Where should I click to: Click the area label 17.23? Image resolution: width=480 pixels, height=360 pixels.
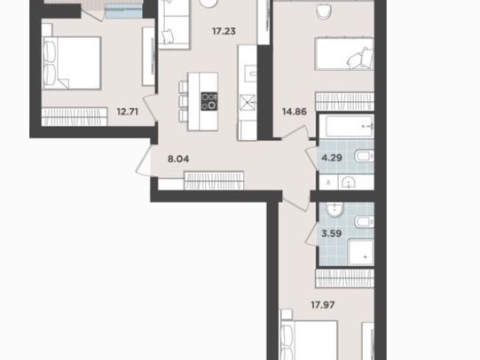(224, 31)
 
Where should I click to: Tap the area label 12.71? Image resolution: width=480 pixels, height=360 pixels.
(128, 112)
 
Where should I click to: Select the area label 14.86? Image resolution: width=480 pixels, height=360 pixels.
(295, 112)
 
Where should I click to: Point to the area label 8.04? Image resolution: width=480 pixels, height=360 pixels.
(178, 159)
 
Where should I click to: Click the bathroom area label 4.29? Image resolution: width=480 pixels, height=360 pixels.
(332, 158)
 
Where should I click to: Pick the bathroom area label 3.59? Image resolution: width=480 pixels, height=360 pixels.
(332, 233)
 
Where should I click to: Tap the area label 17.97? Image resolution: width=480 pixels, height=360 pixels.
(323, 305)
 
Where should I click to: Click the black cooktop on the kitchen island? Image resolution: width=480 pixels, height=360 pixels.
(209, 101)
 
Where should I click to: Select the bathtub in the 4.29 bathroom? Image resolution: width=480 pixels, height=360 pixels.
(350, 126)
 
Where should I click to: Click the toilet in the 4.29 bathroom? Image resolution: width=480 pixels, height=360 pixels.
(365, 157)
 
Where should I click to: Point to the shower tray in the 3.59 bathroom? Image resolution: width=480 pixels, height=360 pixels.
(361, 253)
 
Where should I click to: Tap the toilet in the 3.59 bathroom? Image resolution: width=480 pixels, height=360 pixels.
(365, 222)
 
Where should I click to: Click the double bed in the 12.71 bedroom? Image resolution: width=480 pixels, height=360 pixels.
(71, 63)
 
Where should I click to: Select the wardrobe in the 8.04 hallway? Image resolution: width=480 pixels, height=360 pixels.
(214, 181)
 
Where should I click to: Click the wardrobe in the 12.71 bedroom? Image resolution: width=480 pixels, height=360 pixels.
(75, 116)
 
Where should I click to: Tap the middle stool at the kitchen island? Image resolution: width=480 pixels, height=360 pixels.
(184, 101)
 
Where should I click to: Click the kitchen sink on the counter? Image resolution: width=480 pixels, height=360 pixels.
(253, 73)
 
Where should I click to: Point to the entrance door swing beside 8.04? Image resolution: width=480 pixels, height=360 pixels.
(144, 160)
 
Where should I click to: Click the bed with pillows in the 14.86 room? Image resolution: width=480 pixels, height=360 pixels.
(344, 54)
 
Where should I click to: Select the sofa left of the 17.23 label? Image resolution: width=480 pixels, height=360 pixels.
(174, 25)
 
